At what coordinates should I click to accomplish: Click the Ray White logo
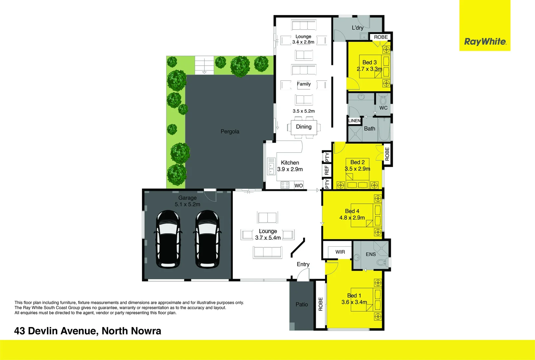[485, 42]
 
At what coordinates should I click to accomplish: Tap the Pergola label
[230, 132]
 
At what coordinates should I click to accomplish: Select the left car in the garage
[169, 239]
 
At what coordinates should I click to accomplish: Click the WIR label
[340, 252]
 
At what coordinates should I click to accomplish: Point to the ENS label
[371, 254]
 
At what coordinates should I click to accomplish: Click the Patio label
[302, 304]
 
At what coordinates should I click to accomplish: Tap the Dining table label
[304, 127]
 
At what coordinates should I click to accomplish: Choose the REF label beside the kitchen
[327, 170]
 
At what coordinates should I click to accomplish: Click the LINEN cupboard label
[354, 121]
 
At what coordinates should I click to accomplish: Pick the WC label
[383, 108]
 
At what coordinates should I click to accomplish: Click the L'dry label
[357, 28]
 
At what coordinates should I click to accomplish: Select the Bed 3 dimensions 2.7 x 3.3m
[369, 69]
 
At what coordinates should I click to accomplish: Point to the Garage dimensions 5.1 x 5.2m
[188, 204]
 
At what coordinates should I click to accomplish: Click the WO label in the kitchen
[299, 186]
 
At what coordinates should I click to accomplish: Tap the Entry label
[303, 264]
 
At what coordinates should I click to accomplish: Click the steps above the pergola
[204, 65]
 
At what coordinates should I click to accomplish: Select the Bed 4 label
[352, 211]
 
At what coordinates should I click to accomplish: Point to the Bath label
[369, 129]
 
